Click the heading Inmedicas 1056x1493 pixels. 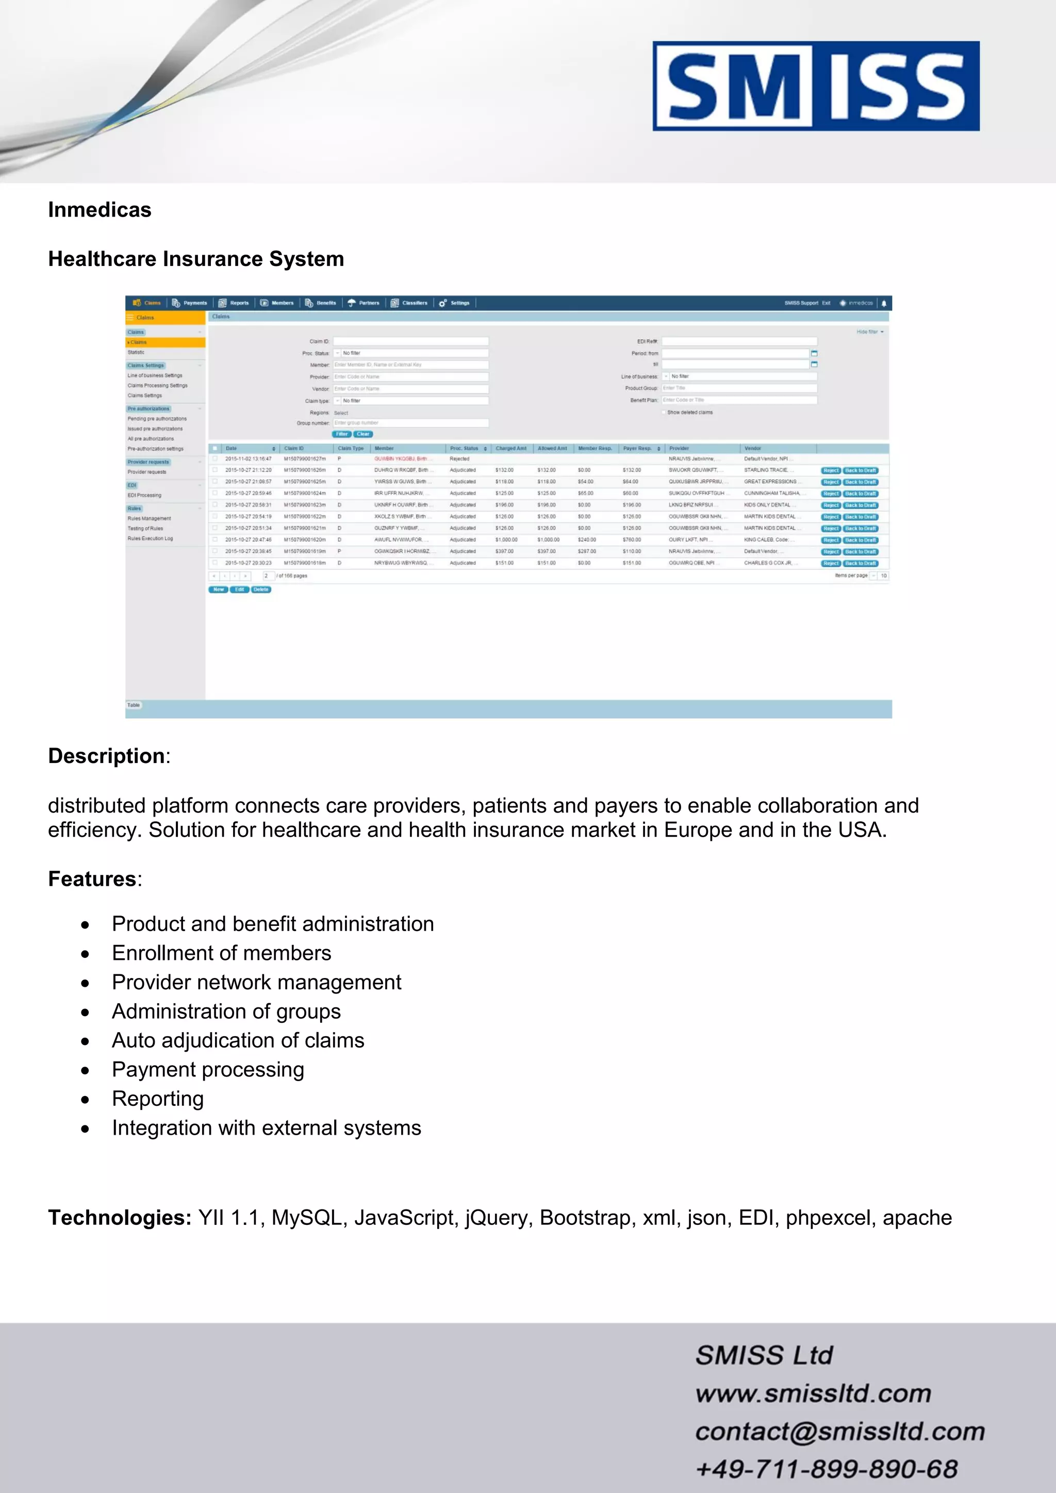coord(100,210)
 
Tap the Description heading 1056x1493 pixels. coord(107,756)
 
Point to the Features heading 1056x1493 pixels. coord(92,878)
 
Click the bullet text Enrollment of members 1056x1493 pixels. coord(221,953)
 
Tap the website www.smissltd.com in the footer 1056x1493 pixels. coord(813,1394)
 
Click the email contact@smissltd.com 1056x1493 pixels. coord(839,1431)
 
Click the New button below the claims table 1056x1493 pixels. coord(219,590)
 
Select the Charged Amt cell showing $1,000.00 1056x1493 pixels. coord(506,540)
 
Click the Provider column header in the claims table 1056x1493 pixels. coord(679,449)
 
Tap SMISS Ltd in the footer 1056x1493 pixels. coord(764,1356)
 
